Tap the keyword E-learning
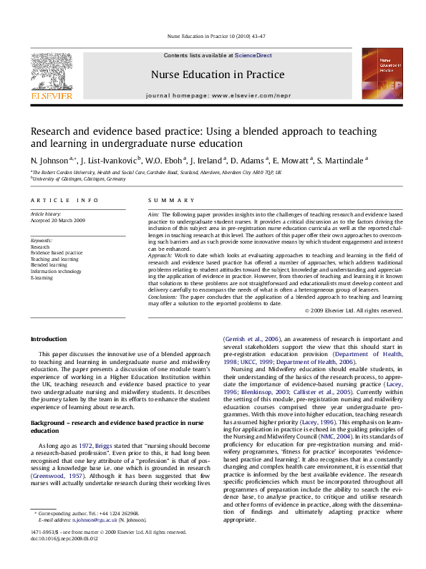click(42, 278)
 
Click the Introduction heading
click(48, 338)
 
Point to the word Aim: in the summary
click(153, 214)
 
